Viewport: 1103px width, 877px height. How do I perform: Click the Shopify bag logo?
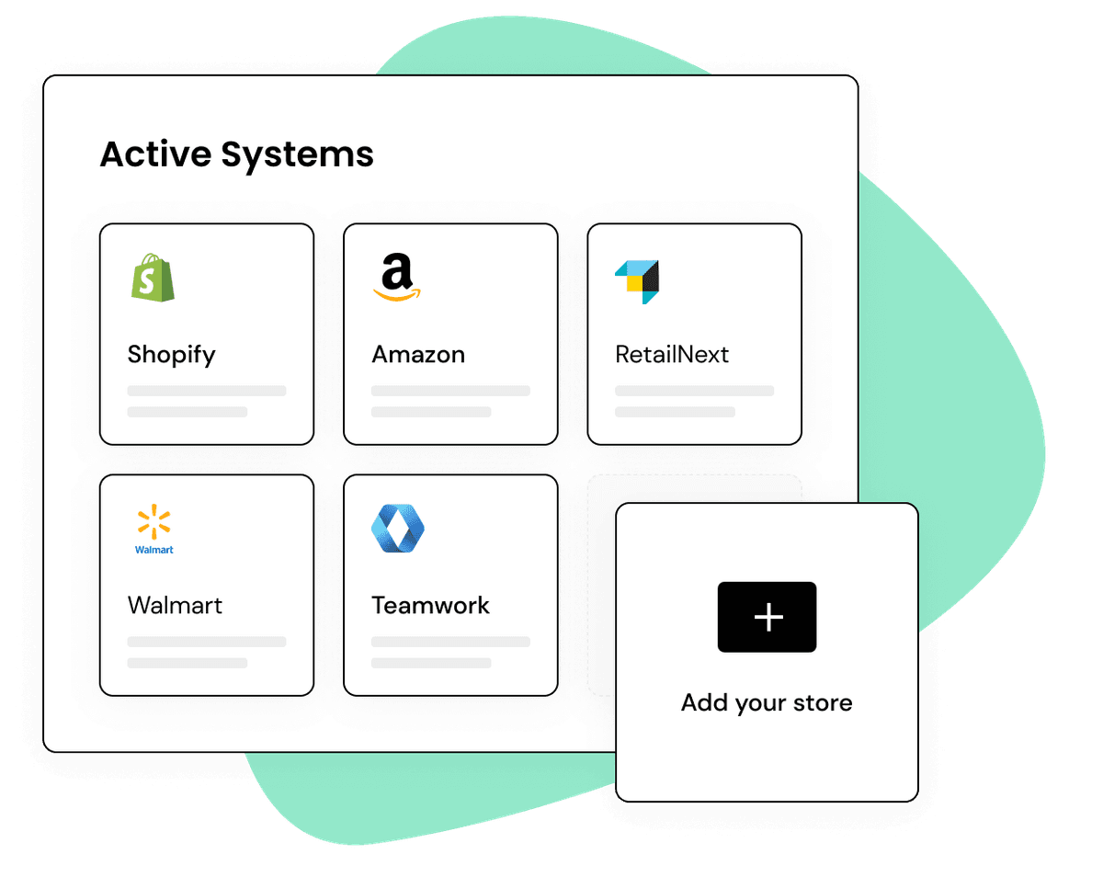153,278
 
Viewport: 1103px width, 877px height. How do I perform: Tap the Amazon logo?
397,277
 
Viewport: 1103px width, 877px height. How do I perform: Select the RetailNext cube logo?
637,282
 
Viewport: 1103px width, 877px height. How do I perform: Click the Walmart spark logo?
154,522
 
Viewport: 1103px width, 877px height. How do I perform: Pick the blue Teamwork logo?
398,529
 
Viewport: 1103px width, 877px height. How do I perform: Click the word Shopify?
171,355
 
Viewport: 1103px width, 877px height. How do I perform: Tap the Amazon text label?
418,354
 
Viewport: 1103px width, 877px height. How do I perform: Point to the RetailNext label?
672,354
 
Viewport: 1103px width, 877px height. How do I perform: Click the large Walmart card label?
175,605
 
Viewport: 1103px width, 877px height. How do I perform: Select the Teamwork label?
430,605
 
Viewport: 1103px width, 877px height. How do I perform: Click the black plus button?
768,617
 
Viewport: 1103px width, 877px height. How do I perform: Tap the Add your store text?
767,703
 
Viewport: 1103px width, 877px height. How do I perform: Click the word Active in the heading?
156,154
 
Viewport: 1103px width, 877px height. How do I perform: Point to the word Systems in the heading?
297,156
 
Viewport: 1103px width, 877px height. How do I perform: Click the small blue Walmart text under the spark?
154,550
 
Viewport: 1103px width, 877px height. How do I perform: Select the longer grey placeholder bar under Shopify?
207,391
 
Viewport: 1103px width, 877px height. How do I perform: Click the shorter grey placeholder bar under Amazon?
431,412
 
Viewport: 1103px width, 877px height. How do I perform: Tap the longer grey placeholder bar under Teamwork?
450,642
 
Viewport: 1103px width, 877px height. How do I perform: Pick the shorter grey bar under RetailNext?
675,412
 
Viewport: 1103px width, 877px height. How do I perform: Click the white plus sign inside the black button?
768,617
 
